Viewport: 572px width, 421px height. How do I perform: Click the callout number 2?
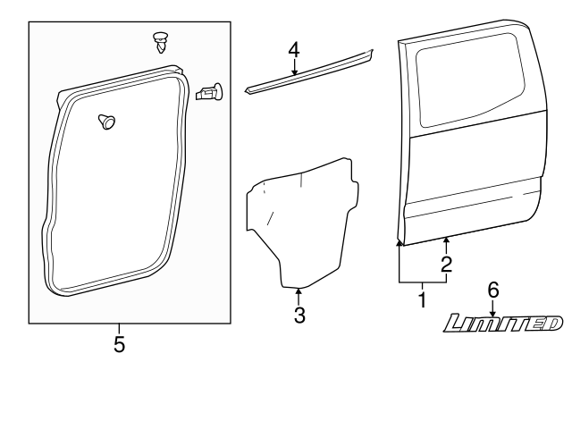point(446,264)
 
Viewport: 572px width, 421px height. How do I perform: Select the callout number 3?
point(299,315)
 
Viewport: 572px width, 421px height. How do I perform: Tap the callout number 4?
point(294,49)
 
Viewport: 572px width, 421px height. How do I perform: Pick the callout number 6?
point(492,290)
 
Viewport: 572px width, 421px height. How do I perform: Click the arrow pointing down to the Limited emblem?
point(492,307)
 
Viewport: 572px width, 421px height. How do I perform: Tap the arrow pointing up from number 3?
point(299,295)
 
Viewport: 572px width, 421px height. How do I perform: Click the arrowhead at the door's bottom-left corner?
point(399,242)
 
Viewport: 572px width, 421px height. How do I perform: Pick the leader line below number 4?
point(294,67)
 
